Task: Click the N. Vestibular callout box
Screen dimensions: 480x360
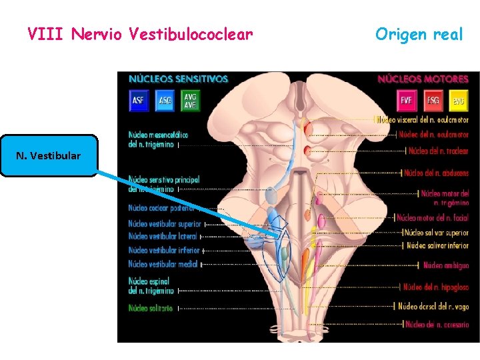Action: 49,155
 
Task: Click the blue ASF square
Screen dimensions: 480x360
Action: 138,100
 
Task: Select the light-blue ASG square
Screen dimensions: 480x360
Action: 165,100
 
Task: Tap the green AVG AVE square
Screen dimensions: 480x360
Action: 190,100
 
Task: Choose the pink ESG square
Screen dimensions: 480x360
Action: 433,101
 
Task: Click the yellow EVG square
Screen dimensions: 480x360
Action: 458,101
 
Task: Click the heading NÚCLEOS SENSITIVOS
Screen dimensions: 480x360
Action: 178,79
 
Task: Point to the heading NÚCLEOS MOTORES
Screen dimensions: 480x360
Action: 423,79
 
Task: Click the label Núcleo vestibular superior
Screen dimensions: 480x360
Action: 164,224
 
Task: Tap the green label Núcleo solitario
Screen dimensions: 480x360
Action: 151,308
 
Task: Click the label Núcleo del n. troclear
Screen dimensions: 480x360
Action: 438,151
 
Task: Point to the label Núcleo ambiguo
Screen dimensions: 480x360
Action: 445,265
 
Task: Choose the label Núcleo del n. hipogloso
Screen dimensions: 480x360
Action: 437,287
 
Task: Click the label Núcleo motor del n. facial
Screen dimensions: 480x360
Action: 432,217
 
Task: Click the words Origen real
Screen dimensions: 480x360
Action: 418,34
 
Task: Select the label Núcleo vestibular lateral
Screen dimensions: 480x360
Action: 163,237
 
